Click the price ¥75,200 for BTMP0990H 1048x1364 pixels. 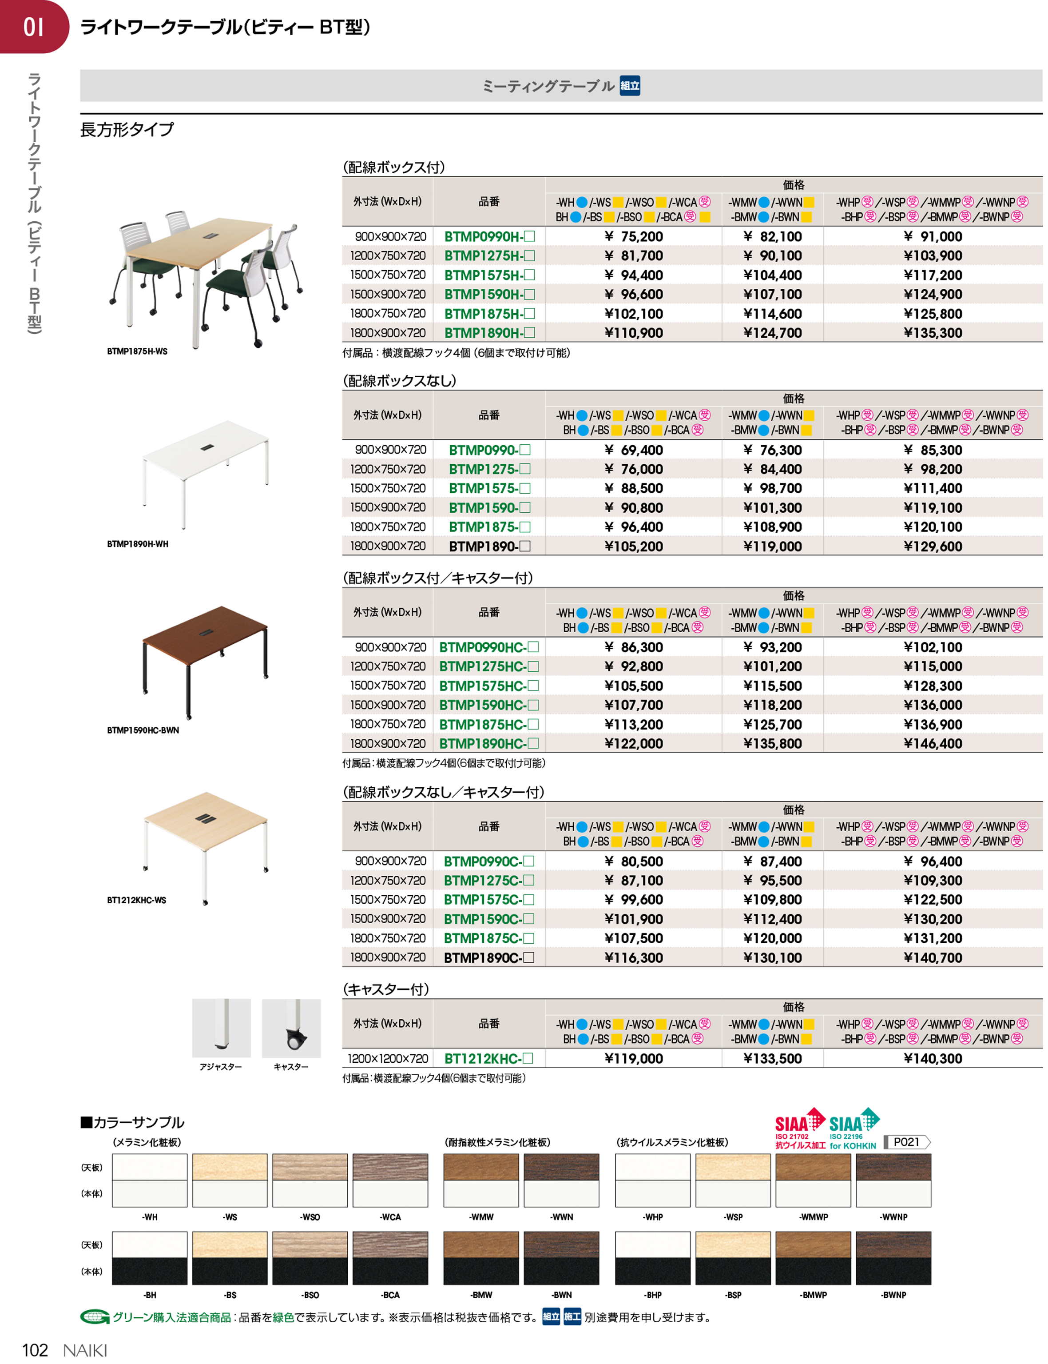(633, 236)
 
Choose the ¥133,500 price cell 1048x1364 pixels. (772, 1059)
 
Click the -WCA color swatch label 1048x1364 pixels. (390, 1217)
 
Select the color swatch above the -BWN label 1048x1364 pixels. (561, 1258)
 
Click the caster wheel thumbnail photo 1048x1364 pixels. (291, 1028)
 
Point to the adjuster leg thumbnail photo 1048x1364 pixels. (222, 1028)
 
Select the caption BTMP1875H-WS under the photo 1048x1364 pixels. (137, 351)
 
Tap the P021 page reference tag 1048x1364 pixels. (907, 1142)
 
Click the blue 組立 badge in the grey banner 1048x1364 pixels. (630, 86)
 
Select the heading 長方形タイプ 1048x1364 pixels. (127, 130)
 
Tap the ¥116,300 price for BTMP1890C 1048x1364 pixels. (633, 958)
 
